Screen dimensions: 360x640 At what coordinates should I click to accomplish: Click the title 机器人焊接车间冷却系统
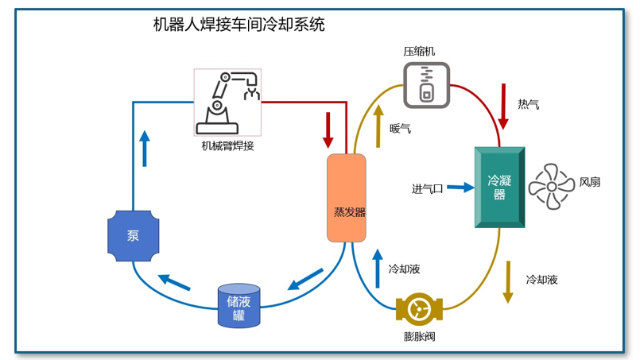[x=239, y=25]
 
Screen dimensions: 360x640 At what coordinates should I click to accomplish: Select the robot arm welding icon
[x=227, y=102]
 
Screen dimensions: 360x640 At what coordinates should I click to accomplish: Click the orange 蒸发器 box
[x=347, y=198]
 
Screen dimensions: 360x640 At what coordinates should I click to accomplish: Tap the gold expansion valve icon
[x=418, y=309]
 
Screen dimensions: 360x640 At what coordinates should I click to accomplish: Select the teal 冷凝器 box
[x=499, y=188]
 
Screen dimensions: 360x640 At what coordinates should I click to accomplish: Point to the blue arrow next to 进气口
[x=460, y=188]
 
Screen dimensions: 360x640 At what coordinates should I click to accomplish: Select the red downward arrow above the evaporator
[x=328, y=130]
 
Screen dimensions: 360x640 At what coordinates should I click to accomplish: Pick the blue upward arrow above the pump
[x=145, y=148]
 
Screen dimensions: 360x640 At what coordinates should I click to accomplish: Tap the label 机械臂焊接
[x=227, y=145]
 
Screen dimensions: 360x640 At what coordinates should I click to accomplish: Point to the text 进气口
[x=427, y=188]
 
